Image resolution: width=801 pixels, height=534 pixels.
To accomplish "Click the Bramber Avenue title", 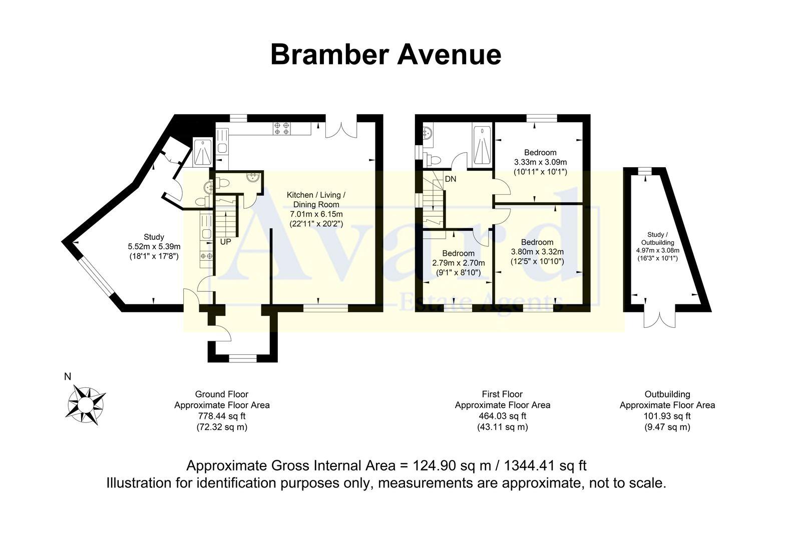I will tap(385, 55).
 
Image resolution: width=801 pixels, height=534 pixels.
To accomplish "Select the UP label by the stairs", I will tap(226, 242).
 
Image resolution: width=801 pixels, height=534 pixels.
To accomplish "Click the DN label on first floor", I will tap(450, 179).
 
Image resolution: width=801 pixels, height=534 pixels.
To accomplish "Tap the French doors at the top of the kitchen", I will tap(341, 128).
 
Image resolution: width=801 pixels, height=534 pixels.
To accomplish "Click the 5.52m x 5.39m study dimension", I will tap(154, 246).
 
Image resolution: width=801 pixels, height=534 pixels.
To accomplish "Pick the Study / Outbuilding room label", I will tap(657, 238).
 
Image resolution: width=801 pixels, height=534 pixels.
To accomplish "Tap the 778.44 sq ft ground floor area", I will tap(222, 416).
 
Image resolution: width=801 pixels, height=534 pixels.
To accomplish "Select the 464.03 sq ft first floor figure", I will tap(502, 416).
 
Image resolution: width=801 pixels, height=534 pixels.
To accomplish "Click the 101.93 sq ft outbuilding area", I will tap(667, 416).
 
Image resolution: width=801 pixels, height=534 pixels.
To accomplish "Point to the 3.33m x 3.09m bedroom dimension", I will tap(540, 162).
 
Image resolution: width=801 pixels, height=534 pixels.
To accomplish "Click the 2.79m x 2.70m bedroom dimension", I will tap(458, 263).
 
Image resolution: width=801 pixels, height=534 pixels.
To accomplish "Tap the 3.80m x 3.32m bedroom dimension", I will tap(537, 252).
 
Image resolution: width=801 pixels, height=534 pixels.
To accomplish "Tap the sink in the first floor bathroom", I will tap(429, 134).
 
